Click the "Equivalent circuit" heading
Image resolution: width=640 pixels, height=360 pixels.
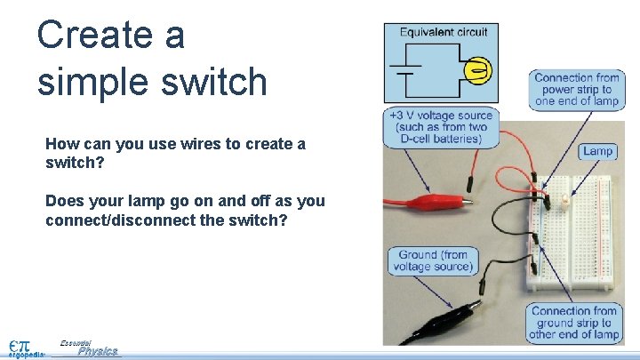[443, 32]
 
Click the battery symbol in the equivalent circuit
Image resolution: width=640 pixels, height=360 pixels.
[405, 70]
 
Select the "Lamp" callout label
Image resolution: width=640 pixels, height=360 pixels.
[597, 151]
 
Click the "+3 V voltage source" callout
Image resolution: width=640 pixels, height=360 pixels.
[440, 127]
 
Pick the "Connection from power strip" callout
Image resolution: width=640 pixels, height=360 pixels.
[576, 90]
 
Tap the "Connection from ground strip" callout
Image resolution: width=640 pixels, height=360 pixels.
[574, 323]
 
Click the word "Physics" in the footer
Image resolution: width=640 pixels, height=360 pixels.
[97, 351]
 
